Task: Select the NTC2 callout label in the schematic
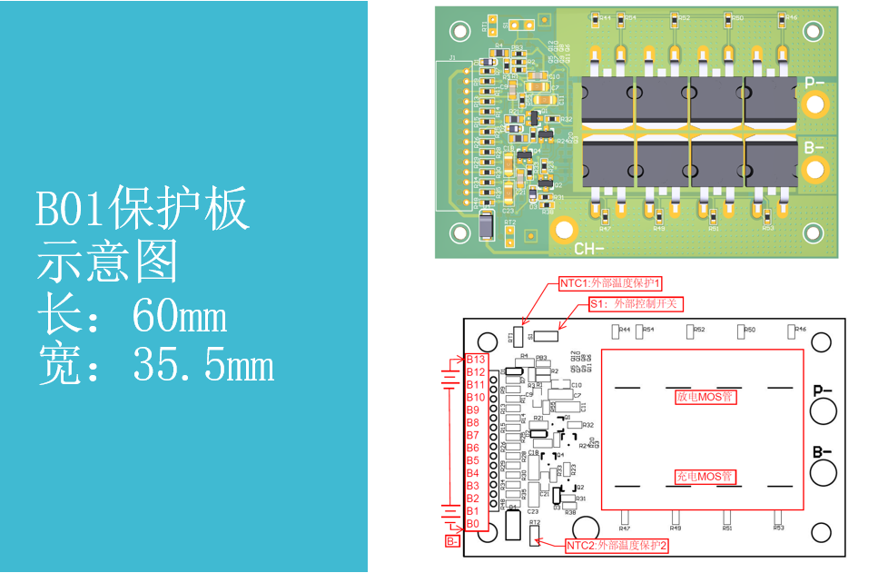point(617,546)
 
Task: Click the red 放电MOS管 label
point(705,397)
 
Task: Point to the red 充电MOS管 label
point(705,476)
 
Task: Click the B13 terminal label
point(475,361)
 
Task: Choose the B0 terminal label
point(473,524)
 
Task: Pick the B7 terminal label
point(473,436)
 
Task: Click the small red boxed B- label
point(452,541)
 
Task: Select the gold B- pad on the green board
point(814,168)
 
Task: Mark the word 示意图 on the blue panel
point(107,263)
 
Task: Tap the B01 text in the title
point(70,212)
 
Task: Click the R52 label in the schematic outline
point(699,331)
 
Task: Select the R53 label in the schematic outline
point(778,527)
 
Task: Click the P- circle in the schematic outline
point(823,411)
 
